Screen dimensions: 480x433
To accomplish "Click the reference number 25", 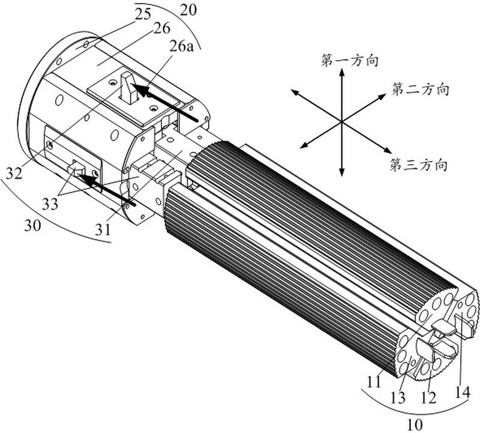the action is click(143, 14).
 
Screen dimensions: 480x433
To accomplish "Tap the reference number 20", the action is click(188, 10).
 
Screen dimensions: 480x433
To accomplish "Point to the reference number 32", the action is click(14, 174).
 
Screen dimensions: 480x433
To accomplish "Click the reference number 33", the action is click(50, 204).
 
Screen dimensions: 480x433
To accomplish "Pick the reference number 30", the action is click(32, 226).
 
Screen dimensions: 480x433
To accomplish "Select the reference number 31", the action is click(102, 229).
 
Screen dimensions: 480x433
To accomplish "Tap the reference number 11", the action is click(374, 382).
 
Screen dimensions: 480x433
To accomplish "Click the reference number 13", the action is click(398, 398).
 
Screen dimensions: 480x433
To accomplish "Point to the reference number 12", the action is click(428, 398).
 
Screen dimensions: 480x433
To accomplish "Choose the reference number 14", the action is click(461, 393).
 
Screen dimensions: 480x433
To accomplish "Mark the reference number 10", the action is click(415, 425).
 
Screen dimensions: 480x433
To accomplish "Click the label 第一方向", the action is click(350, 61).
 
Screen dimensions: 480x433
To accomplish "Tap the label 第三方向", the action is click(418, 165).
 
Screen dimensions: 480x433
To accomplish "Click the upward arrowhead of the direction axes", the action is click(341, 72).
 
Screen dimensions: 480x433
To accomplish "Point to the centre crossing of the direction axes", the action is click(341, 122).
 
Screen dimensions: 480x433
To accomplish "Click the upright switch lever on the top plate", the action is click(129, 88).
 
